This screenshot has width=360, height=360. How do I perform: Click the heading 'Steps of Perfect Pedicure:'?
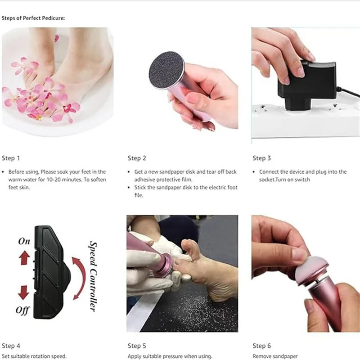coord(33,18)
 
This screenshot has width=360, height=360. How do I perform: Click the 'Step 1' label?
coord(11,158)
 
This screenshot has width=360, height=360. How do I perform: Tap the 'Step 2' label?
coord(137,158)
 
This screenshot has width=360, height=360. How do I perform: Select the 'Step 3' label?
coord(261,158)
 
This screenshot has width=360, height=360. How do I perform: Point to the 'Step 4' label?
coord(11,346)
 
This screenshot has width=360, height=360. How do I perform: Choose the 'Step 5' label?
coord(137,346)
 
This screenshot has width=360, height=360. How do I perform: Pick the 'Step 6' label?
coord(261,346)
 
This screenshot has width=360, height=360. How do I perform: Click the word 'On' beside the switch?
coord(24,241)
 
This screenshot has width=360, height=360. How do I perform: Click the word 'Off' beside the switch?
coord(22,310)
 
